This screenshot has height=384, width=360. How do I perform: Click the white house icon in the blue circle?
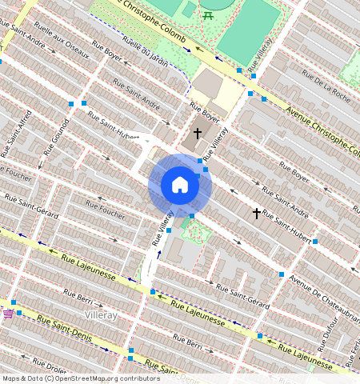pos(180,185)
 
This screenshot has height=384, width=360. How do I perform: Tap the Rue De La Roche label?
pos(326,86)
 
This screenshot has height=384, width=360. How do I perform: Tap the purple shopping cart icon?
pos(8,314)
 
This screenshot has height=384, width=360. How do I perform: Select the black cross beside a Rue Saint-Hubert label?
pos(257,213)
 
